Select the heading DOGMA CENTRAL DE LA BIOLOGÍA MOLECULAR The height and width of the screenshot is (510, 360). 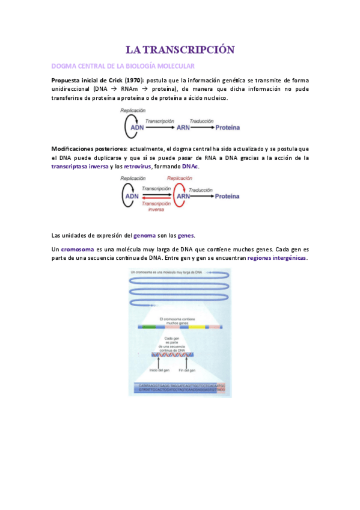123,66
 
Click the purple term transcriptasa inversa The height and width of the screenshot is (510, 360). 80,167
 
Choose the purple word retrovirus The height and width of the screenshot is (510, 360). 137,167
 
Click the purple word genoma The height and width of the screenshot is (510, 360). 145,235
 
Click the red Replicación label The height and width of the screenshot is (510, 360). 180,179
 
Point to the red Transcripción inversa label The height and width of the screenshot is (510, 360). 158,206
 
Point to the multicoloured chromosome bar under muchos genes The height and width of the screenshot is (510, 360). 180,327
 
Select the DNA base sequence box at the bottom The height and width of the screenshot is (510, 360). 180,388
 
